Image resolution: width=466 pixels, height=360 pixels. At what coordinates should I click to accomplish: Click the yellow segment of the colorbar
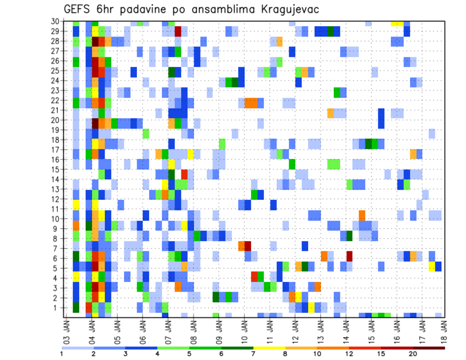pos(269,348)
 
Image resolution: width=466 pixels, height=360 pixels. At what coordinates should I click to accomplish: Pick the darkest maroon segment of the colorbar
pos(429,348)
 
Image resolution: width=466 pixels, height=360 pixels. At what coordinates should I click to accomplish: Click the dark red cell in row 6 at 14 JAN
pos(349,255)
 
